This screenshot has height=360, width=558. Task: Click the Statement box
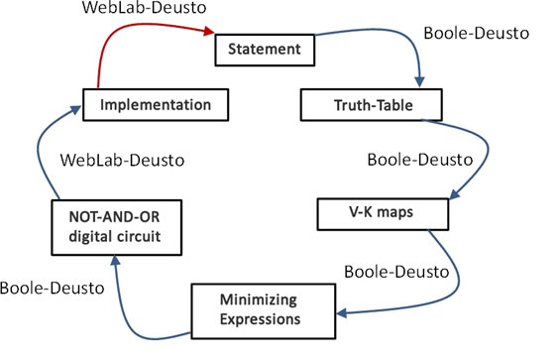coord(265,51)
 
